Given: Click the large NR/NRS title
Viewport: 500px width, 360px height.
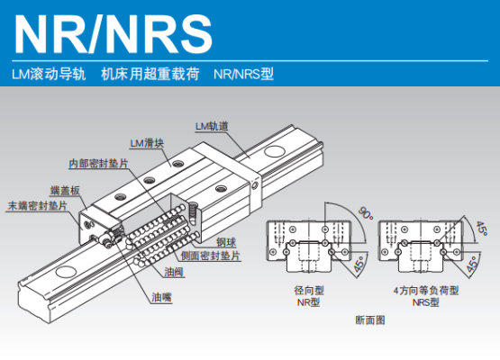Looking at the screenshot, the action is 114,34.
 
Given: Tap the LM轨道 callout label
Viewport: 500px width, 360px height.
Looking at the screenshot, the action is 212,126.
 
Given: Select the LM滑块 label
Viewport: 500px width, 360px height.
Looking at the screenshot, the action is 147,143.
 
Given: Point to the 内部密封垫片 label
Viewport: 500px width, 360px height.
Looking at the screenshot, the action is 98,164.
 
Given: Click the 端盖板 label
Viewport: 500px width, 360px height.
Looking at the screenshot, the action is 65,191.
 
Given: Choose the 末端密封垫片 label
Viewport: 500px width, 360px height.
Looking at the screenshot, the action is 37,206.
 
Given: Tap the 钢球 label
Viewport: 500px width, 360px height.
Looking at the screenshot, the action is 226,242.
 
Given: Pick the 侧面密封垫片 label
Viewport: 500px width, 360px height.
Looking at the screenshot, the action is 211,256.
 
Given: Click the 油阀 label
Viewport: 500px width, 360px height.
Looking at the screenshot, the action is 174,272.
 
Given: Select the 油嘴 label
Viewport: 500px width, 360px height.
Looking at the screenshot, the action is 161,298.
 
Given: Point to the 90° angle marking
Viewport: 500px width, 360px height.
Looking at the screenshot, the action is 366,213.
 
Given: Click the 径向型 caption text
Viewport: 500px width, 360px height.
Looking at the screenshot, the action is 309,290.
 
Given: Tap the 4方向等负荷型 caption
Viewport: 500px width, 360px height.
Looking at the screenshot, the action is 426,290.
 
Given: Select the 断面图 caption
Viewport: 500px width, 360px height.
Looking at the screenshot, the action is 370,319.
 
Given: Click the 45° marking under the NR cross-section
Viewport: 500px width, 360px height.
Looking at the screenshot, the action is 360,264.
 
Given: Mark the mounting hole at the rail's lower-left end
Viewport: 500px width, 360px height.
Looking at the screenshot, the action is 66,272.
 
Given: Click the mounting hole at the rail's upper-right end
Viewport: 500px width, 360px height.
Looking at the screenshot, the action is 275,151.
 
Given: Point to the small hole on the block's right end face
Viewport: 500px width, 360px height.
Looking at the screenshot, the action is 255,185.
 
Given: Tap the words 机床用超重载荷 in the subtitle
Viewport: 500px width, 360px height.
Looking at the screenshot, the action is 150,74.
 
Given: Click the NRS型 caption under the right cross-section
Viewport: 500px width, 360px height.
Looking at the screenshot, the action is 426,302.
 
